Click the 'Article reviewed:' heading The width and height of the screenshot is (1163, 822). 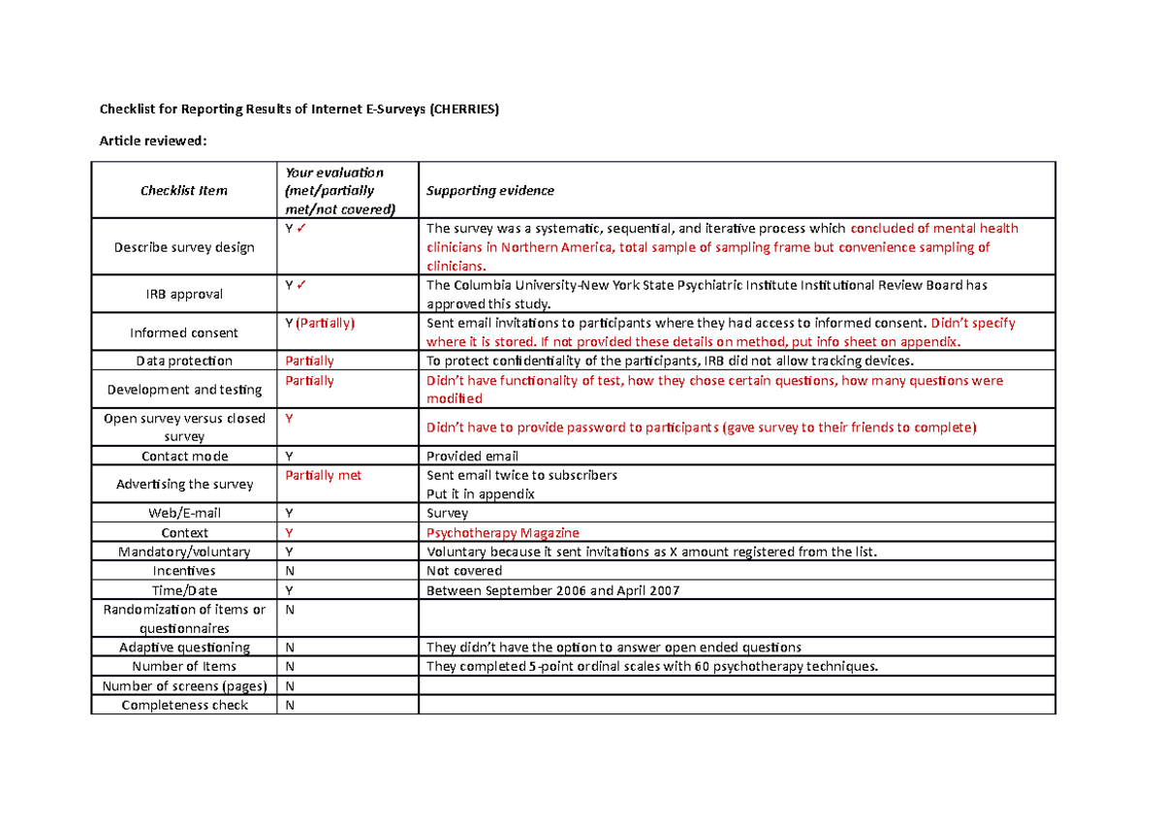coord(153,142)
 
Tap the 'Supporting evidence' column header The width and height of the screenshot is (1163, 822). coord(490,191)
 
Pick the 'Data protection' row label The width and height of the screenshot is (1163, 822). coord(184,362)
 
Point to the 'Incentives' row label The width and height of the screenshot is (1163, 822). coord(184,571)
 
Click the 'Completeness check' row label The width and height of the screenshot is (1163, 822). coord(184,705)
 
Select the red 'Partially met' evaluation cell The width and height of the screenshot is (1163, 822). coord(323,476)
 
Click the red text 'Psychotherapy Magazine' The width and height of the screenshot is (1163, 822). coord(503,533)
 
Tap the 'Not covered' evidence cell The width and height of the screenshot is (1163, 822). coord(464,571)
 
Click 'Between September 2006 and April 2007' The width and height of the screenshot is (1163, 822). coord(553,590)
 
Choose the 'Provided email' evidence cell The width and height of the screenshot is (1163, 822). coord(473,457)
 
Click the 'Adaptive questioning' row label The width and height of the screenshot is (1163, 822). coord(184,648)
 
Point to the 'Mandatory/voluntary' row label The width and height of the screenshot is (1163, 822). coord(184,552)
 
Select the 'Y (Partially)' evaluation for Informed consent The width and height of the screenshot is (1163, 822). coord(320,324)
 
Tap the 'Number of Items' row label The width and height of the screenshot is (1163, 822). coord(184,667)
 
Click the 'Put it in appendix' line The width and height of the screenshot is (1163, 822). coord(481,494)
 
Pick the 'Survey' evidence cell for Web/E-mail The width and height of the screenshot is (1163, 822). coord(447,514)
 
